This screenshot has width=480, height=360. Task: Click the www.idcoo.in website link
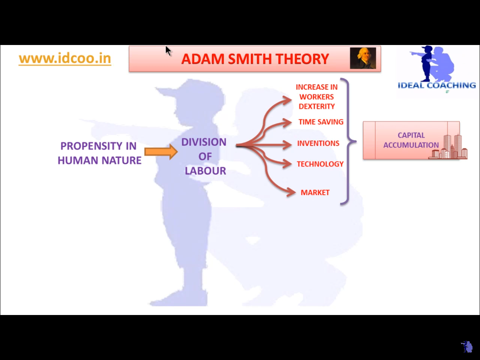(65, 58)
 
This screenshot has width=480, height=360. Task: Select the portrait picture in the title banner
(363, 58)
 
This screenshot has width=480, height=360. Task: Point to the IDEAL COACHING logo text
(437, 85)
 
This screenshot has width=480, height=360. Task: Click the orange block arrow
(161, 151)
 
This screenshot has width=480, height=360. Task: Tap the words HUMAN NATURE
(100, 160)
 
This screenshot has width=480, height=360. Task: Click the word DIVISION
(204, 142)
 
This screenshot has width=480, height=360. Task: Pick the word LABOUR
(205, 171)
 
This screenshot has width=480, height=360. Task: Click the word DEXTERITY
(316, 106)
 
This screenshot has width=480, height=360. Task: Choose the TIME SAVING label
(321, 122)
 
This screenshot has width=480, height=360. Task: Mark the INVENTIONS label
(318, 143)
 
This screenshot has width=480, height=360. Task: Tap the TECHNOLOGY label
(320, 164)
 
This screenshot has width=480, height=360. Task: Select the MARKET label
(315, 193)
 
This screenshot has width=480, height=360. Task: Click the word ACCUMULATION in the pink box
(411, 145)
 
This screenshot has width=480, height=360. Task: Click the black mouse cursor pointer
(168, 51)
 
